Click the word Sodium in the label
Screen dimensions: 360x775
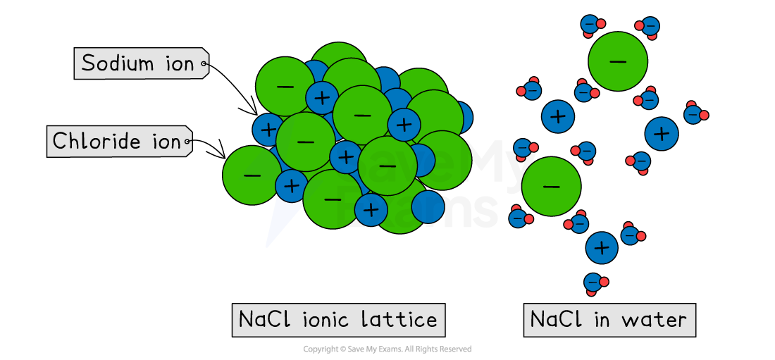tap(118, 63)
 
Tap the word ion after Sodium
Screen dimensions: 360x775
tap(180, 64)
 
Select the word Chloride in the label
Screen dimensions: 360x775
tap(97, 142)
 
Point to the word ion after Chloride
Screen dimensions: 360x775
tap(166, 142)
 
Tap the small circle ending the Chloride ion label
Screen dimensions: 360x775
tap(187, 143)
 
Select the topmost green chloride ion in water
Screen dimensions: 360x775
tap(618, 61)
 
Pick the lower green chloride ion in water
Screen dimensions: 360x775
tap(551, 187)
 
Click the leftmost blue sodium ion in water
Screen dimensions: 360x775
tap(558, 116)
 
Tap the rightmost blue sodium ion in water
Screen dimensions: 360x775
tap(662, 132)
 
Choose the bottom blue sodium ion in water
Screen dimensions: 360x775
tap(602, 247)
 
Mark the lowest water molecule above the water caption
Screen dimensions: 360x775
tap(595, 283)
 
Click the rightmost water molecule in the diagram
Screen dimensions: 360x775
tap(695, 113)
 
